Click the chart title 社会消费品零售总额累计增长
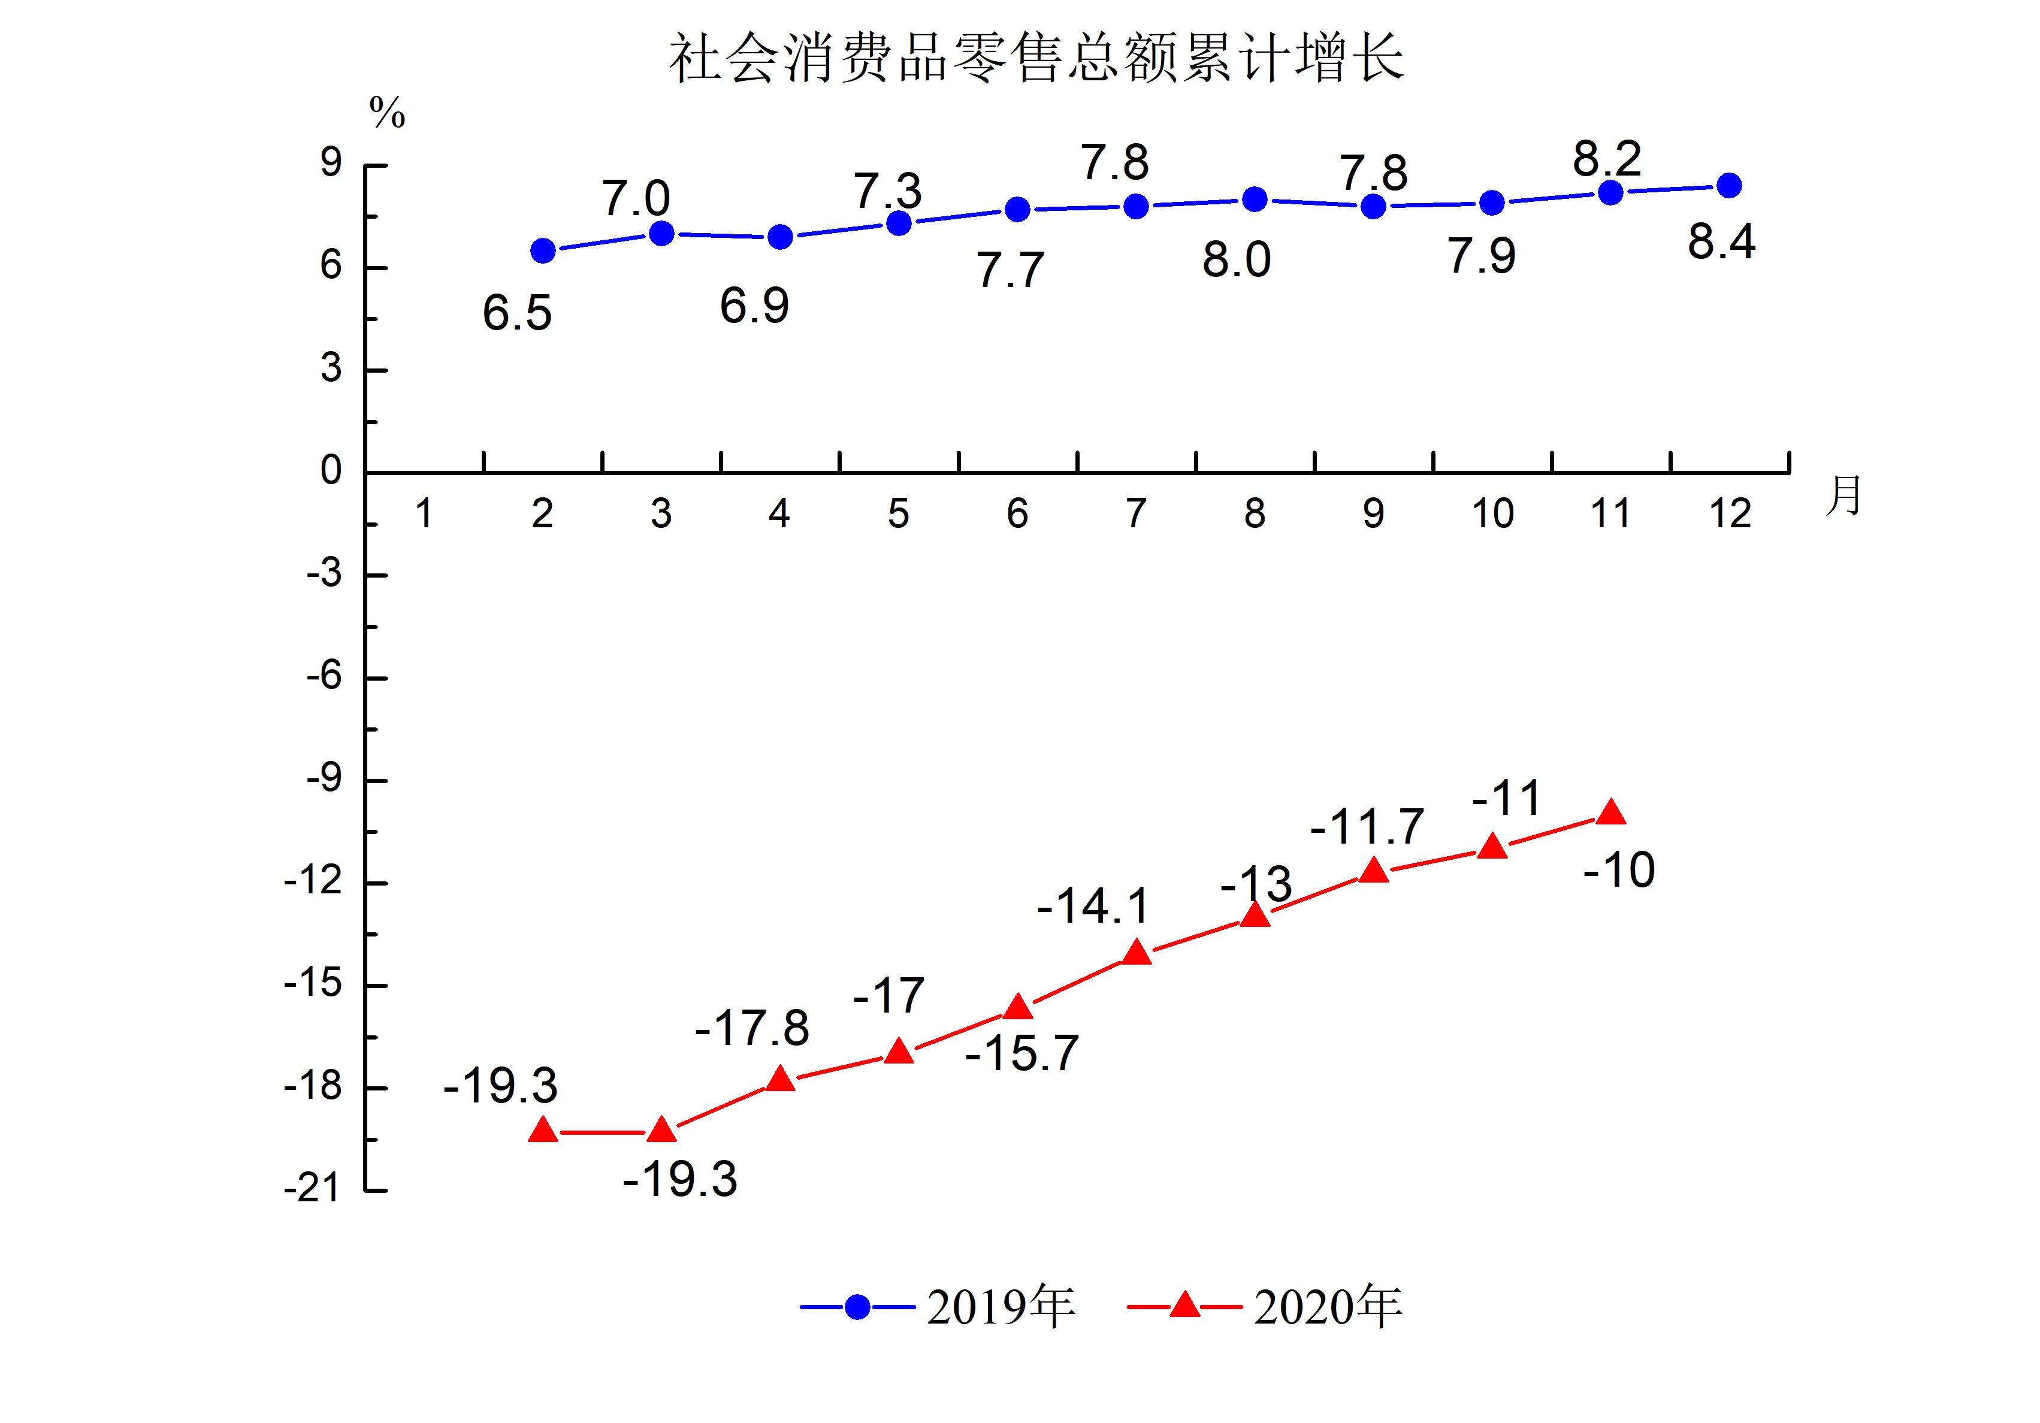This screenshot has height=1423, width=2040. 1036,59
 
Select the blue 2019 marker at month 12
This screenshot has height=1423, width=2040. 1729,186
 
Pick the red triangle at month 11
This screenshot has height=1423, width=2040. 1611,812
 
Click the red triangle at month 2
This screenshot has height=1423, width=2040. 543,1131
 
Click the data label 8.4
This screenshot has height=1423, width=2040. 1721,241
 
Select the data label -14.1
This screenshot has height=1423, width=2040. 1093,907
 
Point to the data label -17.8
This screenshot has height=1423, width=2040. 752,1028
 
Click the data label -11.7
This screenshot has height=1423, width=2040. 1367,827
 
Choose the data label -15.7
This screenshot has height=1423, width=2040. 1021,1054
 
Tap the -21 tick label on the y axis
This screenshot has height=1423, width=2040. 312,1188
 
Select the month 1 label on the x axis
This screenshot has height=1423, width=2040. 424,513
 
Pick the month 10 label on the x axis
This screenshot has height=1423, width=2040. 1492,513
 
